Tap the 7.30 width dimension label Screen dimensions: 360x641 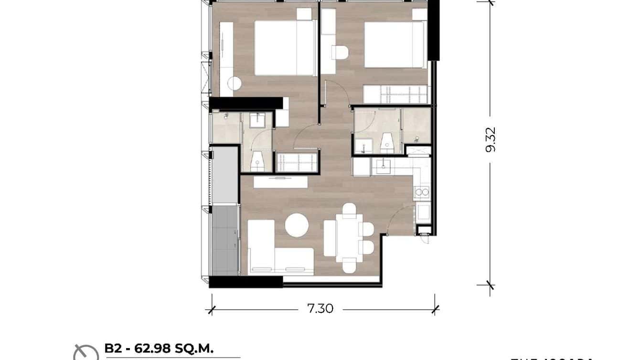[x=320, y=309]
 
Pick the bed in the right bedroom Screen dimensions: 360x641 [x=395, y=45]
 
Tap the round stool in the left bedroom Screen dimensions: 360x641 [x=234, y=84]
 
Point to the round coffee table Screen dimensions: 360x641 [x=297, y=225]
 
